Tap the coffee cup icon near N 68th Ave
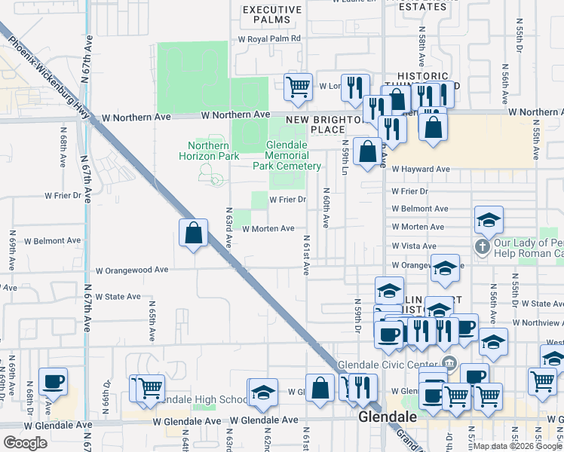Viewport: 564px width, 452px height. point(53,382)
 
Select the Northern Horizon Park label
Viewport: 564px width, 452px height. point(208,151)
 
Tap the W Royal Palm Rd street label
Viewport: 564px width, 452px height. point(269,38)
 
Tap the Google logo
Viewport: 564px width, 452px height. point(26,442)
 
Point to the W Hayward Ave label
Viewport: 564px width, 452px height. point(421,169)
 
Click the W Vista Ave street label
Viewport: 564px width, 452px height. point(414,246)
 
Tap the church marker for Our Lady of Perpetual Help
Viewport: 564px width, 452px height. point(483,246)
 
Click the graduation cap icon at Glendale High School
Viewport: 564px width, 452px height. point(262,392)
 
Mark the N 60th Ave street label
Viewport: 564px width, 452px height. point(326,208)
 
